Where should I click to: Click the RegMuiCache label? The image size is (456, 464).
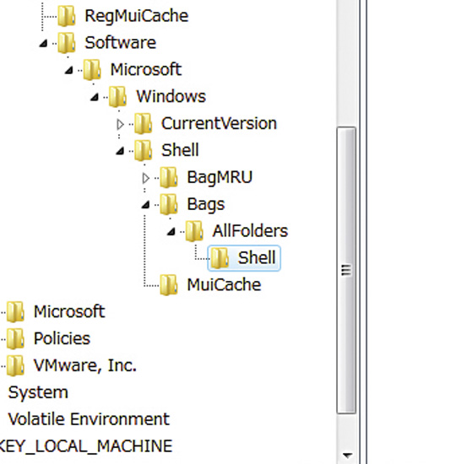click(137, 16)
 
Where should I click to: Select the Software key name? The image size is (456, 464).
click(120, 43)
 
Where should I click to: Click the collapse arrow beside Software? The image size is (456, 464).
click(44, 44)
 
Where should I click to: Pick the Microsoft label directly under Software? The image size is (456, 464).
click(146, 69)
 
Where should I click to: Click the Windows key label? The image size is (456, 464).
click(171, 96)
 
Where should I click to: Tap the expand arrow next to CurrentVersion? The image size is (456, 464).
click(120, 125)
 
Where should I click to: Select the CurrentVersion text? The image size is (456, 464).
click(219, 123)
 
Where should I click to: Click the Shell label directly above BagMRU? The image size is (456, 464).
click(180, 150)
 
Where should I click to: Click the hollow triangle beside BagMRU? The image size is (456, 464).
click(145, 179)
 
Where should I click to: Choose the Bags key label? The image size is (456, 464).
click(206, 204)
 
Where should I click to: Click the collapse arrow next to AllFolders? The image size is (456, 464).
click(171, 231)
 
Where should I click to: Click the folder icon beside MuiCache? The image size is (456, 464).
click(169, 285)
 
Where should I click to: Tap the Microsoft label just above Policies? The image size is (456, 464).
click(69, 311)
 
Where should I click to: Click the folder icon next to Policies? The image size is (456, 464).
click(15, 339)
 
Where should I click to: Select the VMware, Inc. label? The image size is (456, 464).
click(85, 365)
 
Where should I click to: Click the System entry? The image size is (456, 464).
click(38, 392)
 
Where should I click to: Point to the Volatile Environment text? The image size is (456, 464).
click(89, 419)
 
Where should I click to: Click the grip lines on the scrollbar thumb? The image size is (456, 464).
click(346, 270)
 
